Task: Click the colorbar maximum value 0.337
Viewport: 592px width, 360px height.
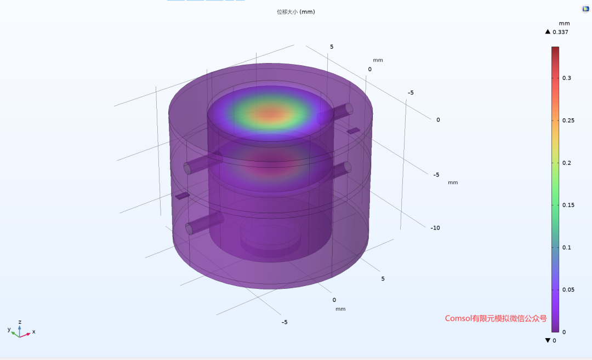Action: (560, 32)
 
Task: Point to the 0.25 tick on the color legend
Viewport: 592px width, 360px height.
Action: (568, 121)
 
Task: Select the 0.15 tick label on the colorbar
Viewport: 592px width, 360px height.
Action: (568, 205)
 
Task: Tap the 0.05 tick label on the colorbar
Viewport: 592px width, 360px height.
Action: (568, 289)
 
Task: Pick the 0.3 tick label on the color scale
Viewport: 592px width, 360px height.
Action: (567, 78)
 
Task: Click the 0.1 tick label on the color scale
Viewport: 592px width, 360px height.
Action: (567, 248)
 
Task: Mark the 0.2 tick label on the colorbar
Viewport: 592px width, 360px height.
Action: (567, 163)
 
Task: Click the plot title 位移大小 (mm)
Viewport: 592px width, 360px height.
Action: (295, 12)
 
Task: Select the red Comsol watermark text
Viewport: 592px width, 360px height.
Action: (496, 318)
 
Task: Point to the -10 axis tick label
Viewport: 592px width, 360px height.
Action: (435, 228)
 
